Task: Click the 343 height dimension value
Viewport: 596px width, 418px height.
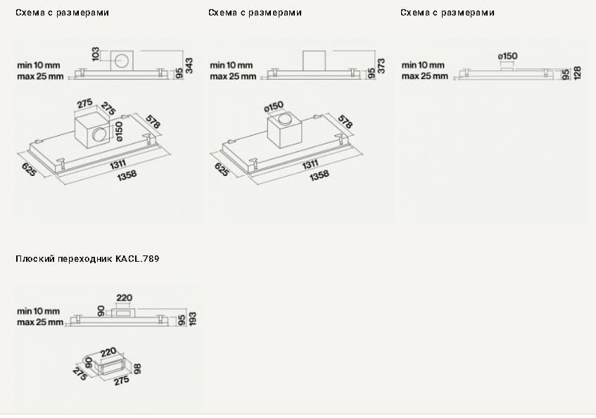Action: click(x=189, y=65)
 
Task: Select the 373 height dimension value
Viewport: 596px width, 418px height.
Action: click(x=381, y=65)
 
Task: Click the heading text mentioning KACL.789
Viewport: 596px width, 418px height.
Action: click(x=87, y=259)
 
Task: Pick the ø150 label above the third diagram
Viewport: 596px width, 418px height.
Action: click(x=507, y=56)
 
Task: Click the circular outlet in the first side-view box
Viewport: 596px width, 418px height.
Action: click(x=123, y=61)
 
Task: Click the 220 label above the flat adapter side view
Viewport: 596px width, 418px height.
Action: click(x=125, y=298)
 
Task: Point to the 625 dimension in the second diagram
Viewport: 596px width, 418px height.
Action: click(x=221, y=170)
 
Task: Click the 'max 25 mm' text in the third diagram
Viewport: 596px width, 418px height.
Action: click(x=424, y=75)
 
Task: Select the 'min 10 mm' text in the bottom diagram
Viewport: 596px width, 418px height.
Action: click(x=39, y=310)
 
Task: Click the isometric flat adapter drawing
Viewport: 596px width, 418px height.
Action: click(x=109, y=365)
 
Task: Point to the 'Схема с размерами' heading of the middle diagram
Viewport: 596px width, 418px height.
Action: click(x=255, y=13)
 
